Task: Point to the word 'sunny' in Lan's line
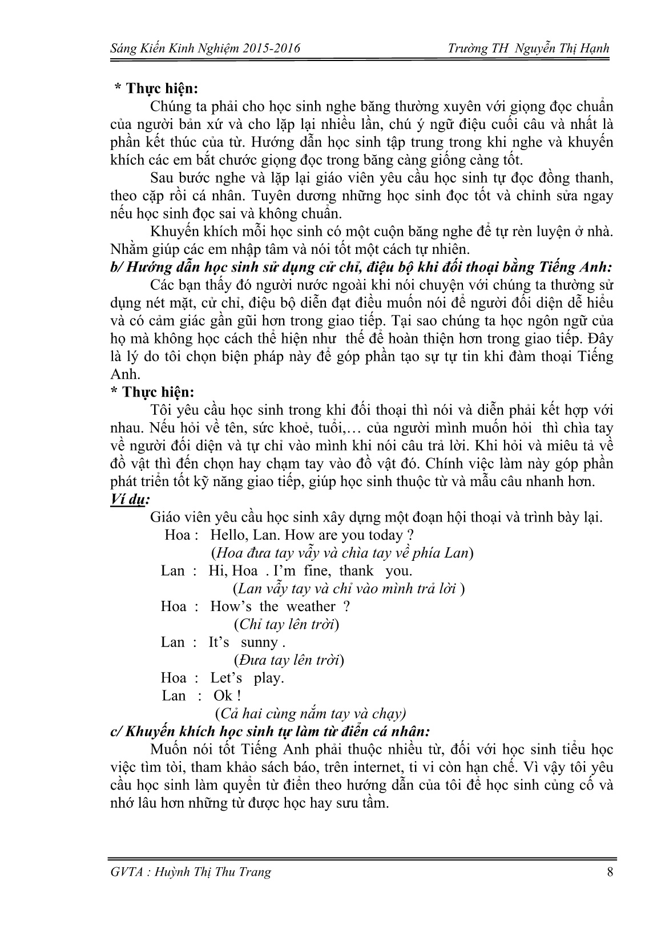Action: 260,642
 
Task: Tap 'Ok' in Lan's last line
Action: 223,696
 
